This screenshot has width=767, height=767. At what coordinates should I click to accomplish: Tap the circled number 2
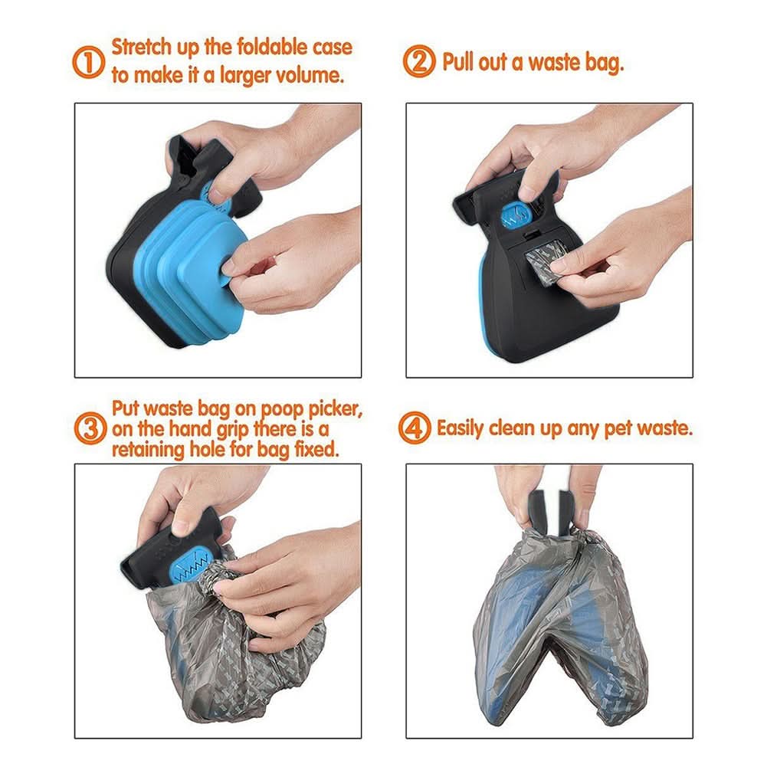419,61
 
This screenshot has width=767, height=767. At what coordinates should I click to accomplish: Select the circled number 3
90,428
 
